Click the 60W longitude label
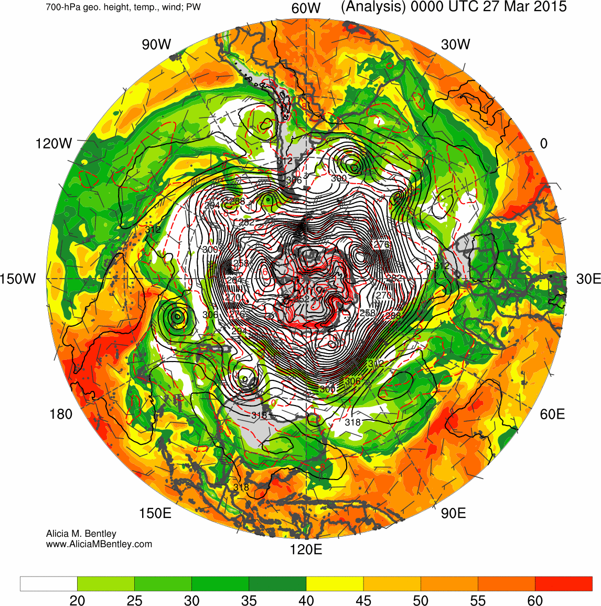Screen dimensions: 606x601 coord(306,8)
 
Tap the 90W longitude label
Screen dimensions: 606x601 coord(156,45)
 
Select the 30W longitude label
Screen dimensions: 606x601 coord(456,45)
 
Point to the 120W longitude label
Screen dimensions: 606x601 coord(53,143)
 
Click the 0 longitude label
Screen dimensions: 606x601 coord(544,143)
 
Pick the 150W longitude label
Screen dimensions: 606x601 coord(18,279)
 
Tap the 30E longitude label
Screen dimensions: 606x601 coord(588,279)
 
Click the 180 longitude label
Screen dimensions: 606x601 coord(61,414)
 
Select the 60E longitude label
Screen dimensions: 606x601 coord(553,414)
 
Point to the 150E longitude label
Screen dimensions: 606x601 coord(155,513)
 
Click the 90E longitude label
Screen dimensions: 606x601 coord(454,513)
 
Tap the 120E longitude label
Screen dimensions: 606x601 coord(306,549)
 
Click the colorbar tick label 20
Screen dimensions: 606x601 coord(77,600)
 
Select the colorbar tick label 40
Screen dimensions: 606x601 coord(306,600)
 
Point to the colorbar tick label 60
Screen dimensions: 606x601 coord(535,600)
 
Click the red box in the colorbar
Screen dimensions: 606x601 coord(563,583)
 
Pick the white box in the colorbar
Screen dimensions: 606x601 coord(49,583)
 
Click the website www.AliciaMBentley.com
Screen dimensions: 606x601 coord(99,544)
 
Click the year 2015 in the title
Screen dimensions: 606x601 coord(550,7)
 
